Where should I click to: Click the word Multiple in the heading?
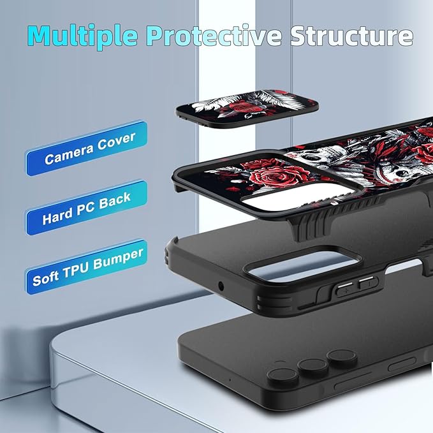click(82, 36)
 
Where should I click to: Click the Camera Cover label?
click(87, 148)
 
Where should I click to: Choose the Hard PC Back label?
click(87, 208)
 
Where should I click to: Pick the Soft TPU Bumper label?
click(86, 267)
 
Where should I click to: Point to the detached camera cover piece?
click(247, 108)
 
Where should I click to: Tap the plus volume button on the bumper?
click(345, 290)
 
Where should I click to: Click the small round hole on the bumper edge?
click(221, 286)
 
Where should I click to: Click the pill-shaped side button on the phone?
click(402, 365)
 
